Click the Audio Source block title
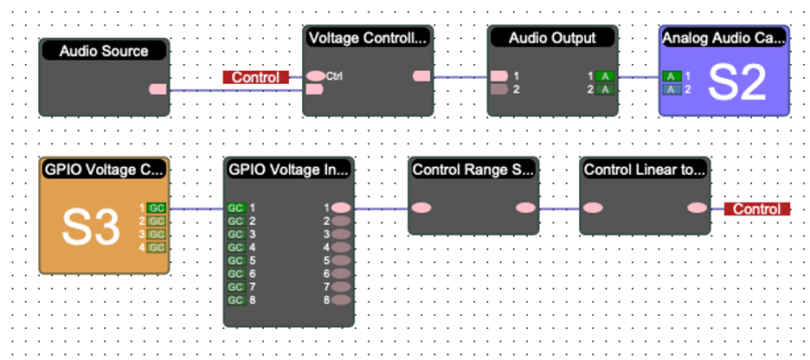104,51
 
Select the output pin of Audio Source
158,88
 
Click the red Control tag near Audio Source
255,77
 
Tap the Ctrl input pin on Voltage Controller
316,75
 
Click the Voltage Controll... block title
368,38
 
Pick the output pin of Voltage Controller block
421,76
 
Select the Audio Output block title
552,38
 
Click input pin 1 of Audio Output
499,76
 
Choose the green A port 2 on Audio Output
606,89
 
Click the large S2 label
737,83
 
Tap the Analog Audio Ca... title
724,38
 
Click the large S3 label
91,228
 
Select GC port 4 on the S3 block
156,247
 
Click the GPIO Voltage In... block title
288,170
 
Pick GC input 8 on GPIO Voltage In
235,299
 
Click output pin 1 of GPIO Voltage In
342,208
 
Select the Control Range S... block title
473,170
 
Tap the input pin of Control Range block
421,208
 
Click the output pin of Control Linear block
697,208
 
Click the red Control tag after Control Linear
757,209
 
